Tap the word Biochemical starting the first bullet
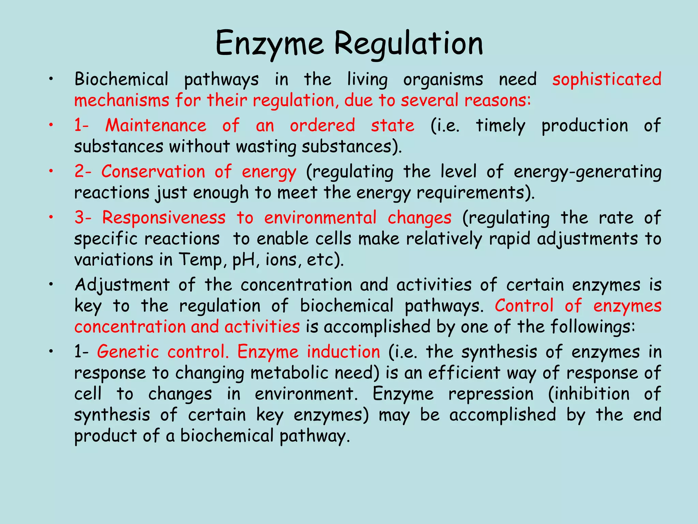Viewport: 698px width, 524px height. pos(121,79)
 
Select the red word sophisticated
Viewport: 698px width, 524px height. pos(607,79)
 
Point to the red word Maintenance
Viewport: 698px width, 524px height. pos(156,125)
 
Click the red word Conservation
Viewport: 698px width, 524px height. pos(153,171)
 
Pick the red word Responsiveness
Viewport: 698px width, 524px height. pos(164,218)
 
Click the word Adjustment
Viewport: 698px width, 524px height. pos(122,285)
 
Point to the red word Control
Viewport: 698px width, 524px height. pos(524,306)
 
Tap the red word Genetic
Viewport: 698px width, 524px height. pos(128,352)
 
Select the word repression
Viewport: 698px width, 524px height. pos(491,394)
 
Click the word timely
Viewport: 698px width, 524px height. pos(500,126)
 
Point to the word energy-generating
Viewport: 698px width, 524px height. pos(587,172)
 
